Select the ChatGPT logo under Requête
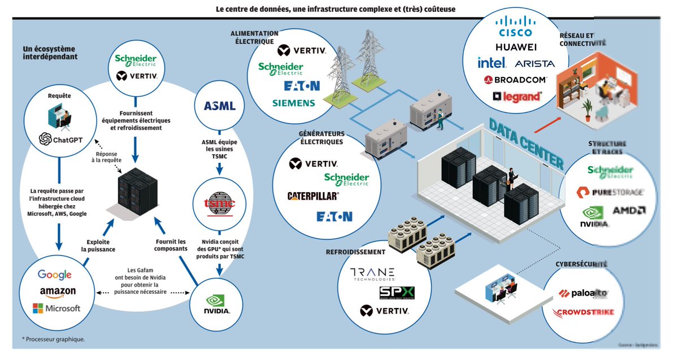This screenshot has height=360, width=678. [x=60, y=138]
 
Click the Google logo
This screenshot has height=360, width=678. [x=55, y=275]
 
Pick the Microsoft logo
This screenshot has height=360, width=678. [x=56, y=309]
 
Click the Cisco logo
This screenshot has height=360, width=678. [x=513, y=27]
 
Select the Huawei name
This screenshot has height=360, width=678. [x=515, y=46]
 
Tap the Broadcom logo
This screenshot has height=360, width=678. [x=514, y=80]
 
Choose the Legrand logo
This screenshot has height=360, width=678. [x=516, y=97]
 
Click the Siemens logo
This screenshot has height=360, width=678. [x=293, y=103]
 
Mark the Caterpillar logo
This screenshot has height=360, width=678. [x=312, y=196]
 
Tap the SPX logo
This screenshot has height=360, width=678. [x=397, y=292]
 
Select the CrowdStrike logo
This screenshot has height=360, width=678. [x=583, y=312]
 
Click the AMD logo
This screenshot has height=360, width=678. [x=629, y=211]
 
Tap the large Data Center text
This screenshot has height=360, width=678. [x=526, y=145]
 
